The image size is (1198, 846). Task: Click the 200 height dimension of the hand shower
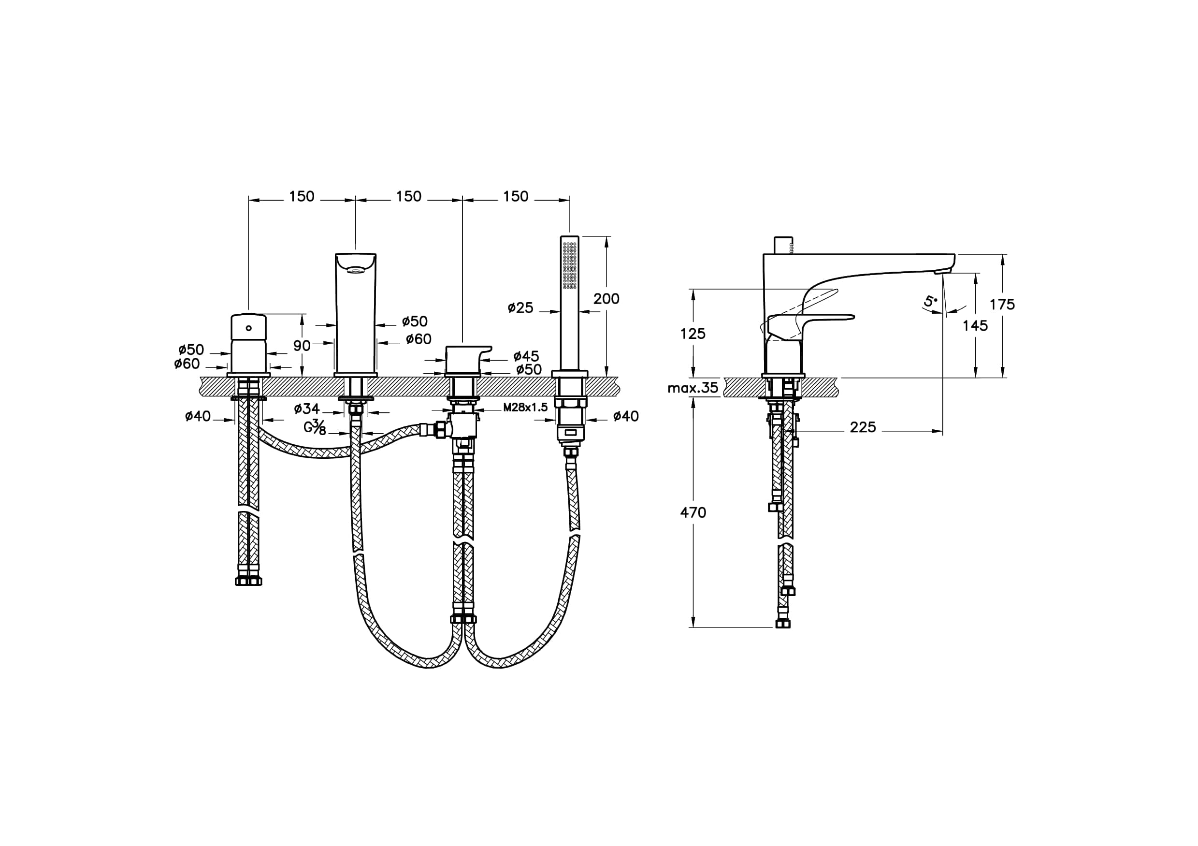pos(606,299)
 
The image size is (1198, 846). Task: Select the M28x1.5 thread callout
pos(525,408)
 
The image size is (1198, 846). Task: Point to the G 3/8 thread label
pos(315,427)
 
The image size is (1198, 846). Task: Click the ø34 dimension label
pos(307,408)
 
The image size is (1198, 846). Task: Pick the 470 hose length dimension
pos(693,512)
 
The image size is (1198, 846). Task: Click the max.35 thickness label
pos(693,388)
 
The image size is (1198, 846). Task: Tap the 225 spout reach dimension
pos(863,427)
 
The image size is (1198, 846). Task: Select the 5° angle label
pos(930,302)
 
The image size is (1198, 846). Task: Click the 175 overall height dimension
pos(1002,304)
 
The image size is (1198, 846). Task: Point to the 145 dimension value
pos(975,326)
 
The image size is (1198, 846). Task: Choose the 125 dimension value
pos(693,333)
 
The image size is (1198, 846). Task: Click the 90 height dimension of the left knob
pos(302,345)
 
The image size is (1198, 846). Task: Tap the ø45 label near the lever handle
pos(526,356)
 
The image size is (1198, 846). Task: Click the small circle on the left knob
pos(248,328)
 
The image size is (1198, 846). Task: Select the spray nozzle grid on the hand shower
pos(570,265)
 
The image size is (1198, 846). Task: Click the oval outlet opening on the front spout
pos(355,270)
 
